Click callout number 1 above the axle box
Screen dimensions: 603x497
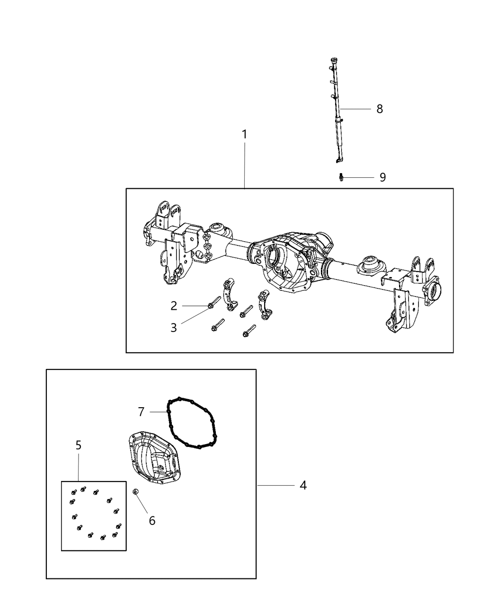point(244,135)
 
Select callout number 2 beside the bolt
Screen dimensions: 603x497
point(174,306)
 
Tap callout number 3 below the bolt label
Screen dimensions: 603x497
point(174,327)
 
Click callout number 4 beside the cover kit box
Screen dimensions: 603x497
point(303,485)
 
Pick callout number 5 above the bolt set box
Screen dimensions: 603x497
point(79,445)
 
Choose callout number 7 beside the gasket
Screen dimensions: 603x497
point(141,412)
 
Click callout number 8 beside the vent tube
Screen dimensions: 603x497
point(380,109)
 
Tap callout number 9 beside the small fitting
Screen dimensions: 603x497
point(382,177)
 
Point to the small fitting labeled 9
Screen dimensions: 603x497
point(340,177)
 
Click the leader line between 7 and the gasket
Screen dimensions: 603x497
point(159,412)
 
